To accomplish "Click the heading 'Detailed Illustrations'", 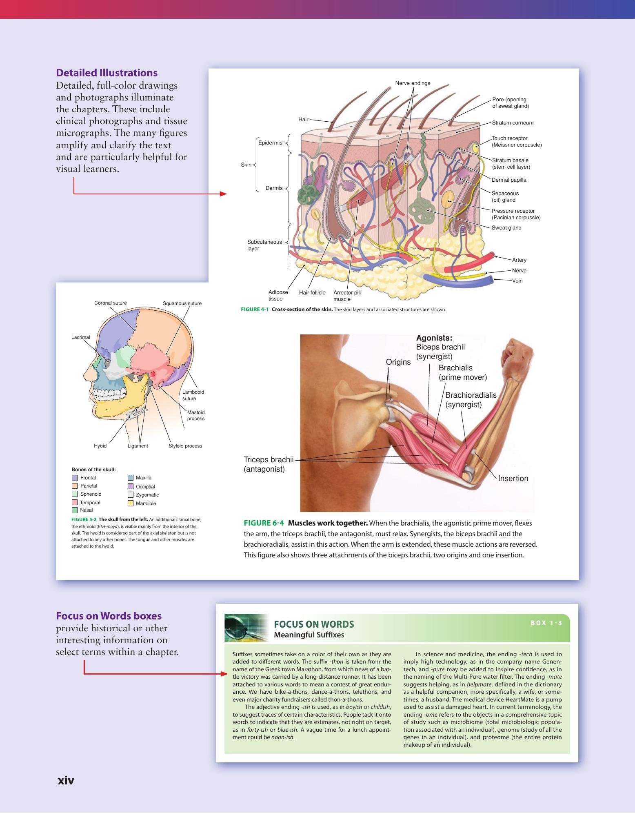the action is pyautogui.click(x=107, y=73).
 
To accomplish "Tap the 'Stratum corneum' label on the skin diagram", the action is pyautogui.click(x=513, y=123).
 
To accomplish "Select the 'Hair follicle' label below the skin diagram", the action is pyautogui.click(x=312, y=292).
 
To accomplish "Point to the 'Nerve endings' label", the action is pyautogui.click(x=413, y=83).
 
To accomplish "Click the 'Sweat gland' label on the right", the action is pyautogui.click(x=506, y=228).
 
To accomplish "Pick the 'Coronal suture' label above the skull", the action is pyautogui.click(x=111, y=303).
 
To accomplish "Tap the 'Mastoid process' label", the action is pyautogui.click(x=196, y=415).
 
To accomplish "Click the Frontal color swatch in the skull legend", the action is pyautogui.click(x=75, y=478).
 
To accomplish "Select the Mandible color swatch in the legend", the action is pyautogui.click(x=131, y=503).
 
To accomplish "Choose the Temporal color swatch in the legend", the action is pyautogui.click(x=75, y=502).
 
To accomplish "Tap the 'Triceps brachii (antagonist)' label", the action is pyautogui.click(x=269, y=464).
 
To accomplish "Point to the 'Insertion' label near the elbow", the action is pyautogui.click(x=513, y=478).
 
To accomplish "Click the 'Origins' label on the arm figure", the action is pyautogui.click(x=398, y=362).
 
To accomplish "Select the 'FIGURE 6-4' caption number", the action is pyautogui.click(x=264, y=523).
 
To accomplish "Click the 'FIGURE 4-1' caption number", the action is pyautogui.click(x=255, y=310).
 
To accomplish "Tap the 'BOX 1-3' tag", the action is pyautogui.click(x=546, y=623).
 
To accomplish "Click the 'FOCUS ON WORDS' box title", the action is pyautogui.click(x=314, y=624).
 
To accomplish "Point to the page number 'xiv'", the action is pyautogui.click(x=66, y=780).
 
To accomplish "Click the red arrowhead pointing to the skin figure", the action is pyautogui.click(x=223, y=194).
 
